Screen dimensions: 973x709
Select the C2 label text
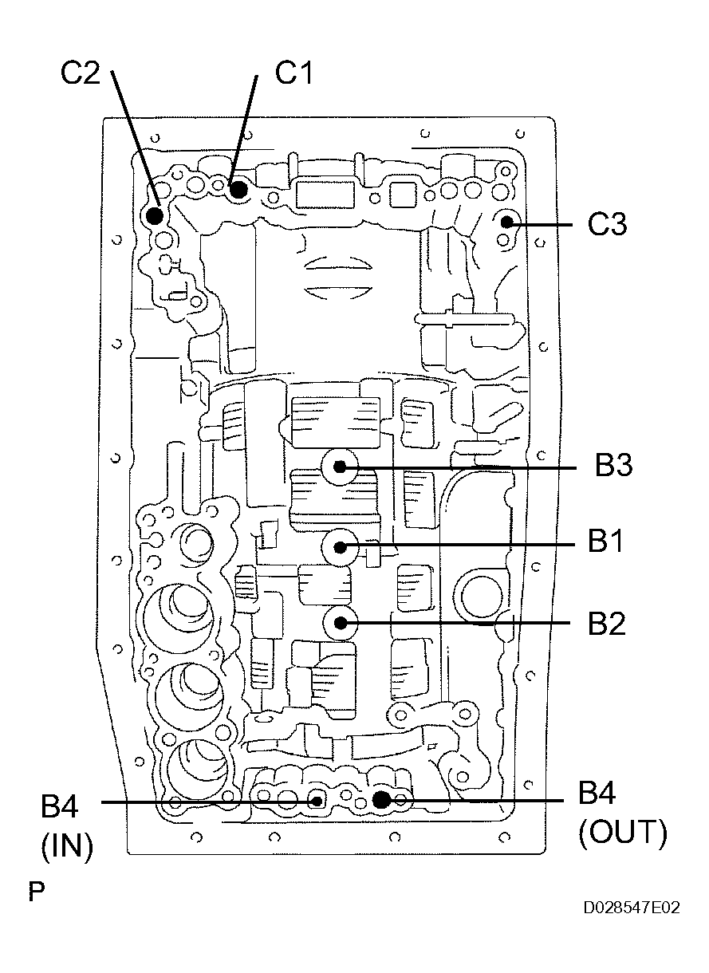point(81,73)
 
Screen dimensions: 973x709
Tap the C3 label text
point(607,226)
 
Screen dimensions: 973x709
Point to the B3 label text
point(614,466)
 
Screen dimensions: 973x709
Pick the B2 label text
point(606,624)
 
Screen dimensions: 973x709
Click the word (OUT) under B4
point(622,833)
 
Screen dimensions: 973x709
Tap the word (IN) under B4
point(67,846)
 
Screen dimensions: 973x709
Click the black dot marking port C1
point(238,190)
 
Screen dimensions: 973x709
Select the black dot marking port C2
point(155,215)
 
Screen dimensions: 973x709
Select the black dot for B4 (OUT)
point(381,798)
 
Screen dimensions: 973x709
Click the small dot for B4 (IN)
point(317,800)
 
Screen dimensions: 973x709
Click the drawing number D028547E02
point(631,908)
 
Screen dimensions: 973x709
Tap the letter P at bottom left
point(36,892)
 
